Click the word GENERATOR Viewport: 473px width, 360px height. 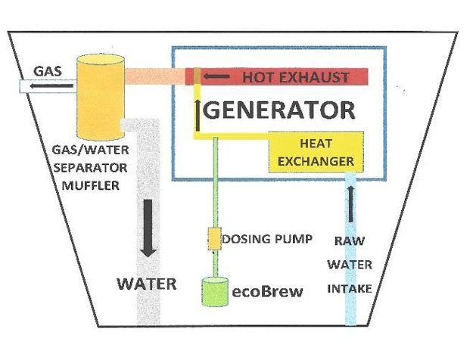[280, 110]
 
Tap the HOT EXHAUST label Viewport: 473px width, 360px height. [296, 77]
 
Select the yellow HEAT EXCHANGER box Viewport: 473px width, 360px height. [316, 151]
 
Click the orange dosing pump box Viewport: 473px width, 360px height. [214, 239]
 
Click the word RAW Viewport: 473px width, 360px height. [350, 242]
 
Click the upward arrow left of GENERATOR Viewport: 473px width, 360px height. [198, 112]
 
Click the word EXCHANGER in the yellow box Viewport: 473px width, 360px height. [316, 161]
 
